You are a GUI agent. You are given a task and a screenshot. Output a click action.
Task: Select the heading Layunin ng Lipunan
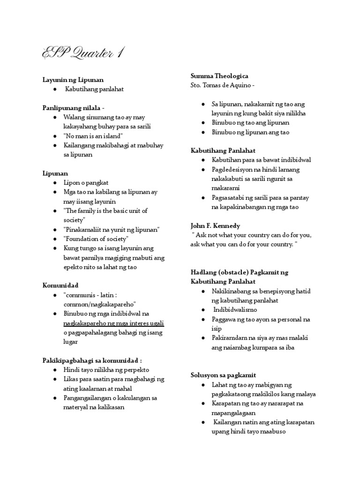(73, 80)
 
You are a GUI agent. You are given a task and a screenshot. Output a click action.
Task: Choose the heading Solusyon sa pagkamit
(223, 375)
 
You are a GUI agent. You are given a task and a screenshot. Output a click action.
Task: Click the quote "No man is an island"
(94, 136)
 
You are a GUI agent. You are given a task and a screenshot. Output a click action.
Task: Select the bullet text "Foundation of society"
(97, 239)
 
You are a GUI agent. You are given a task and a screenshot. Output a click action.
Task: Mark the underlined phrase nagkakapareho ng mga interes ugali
(114, 323)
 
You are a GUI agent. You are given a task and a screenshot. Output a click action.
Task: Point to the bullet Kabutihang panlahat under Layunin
(94, 89)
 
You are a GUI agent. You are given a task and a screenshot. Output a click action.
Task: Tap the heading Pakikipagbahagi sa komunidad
(92, 360)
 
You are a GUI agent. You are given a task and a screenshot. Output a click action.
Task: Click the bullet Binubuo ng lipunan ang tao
(250, 132)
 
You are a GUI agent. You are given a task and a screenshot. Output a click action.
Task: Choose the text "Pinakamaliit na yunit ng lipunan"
(112, 229)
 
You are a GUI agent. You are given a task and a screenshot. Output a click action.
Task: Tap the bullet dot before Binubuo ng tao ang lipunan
(202, 123)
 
